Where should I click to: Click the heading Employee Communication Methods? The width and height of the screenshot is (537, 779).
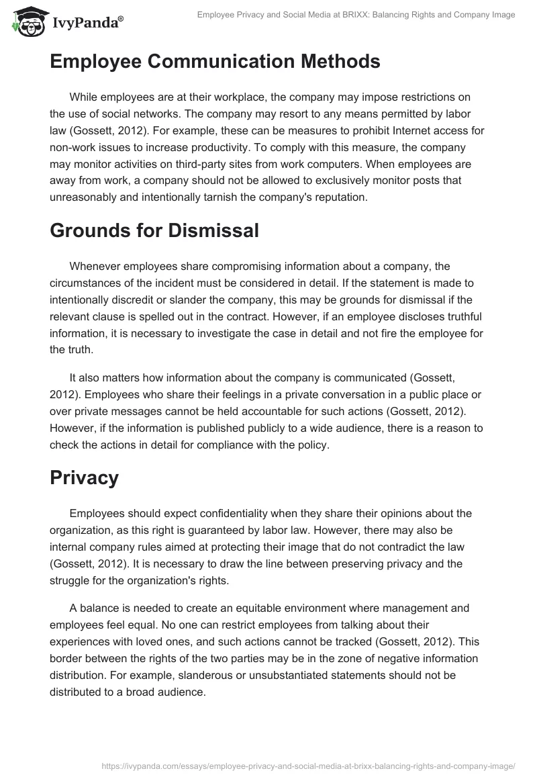[x=215, y=61]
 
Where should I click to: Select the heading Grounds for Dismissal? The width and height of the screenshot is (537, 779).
[x=154, y=230]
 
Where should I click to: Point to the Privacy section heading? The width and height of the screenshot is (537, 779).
[x=84, y=477]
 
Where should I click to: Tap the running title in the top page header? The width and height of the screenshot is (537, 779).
[x=356, y=15]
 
